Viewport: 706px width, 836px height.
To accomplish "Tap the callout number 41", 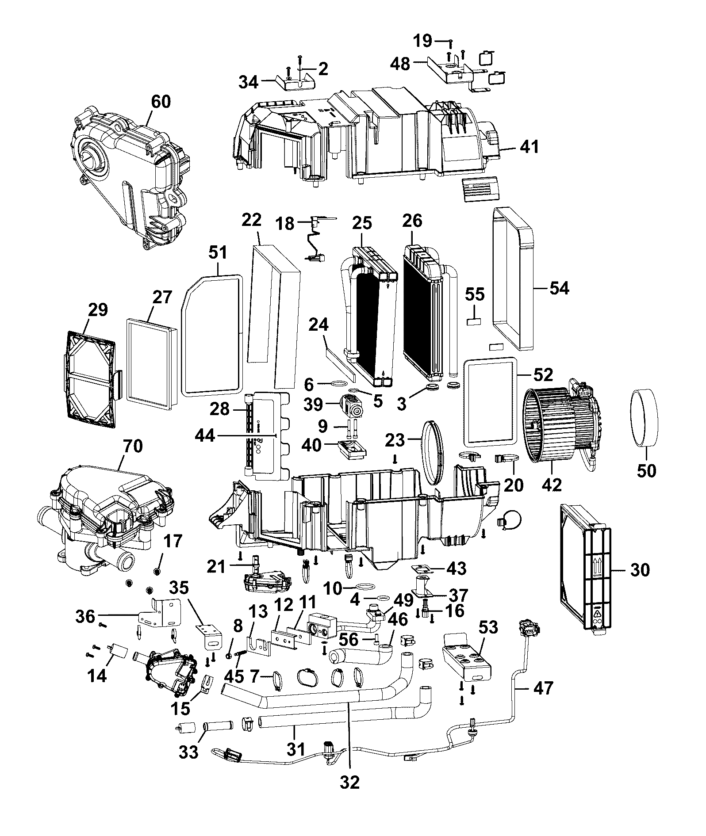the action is click(x=529, y=146).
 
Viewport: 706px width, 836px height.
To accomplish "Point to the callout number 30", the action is click(x=641, y=570).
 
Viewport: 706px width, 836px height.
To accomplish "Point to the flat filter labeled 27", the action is click(x=152, y=364).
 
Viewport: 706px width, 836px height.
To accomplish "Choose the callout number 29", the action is click(x=98, y=310).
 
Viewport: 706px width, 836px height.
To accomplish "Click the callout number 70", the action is click(x=134, y=447).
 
